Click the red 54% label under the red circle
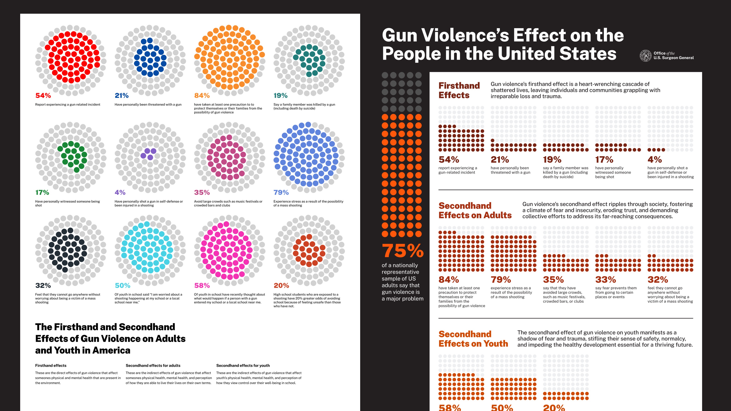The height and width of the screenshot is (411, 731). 43,96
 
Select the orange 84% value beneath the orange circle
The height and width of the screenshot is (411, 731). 202,96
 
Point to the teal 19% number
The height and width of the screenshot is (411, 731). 280,96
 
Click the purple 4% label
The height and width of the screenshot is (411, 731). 120,193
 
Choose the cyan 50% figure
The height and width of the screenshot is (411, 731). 123,286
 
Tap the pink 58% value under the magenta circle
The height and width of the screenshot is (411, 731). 202,286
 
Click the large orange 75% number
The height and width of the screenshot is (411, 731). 403,251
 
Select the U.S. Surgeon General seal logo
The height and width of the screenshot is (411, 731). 646,56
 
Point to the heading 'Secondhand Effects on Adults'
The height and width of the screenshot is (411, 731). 475,210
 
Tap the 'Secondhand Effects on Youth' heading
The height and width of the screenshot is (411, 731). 473,339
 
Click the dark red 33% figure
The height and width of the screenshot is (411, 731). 606,280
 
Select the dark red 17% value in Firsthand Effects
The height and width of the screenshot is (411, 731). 604,160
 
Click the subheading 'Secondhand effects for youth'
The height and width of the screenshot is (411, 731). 243,366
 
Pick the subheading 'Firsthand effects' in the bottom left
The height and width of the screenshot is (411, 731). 51,366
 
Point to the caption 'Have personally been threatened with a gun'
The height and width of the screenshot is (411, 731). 148,105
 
